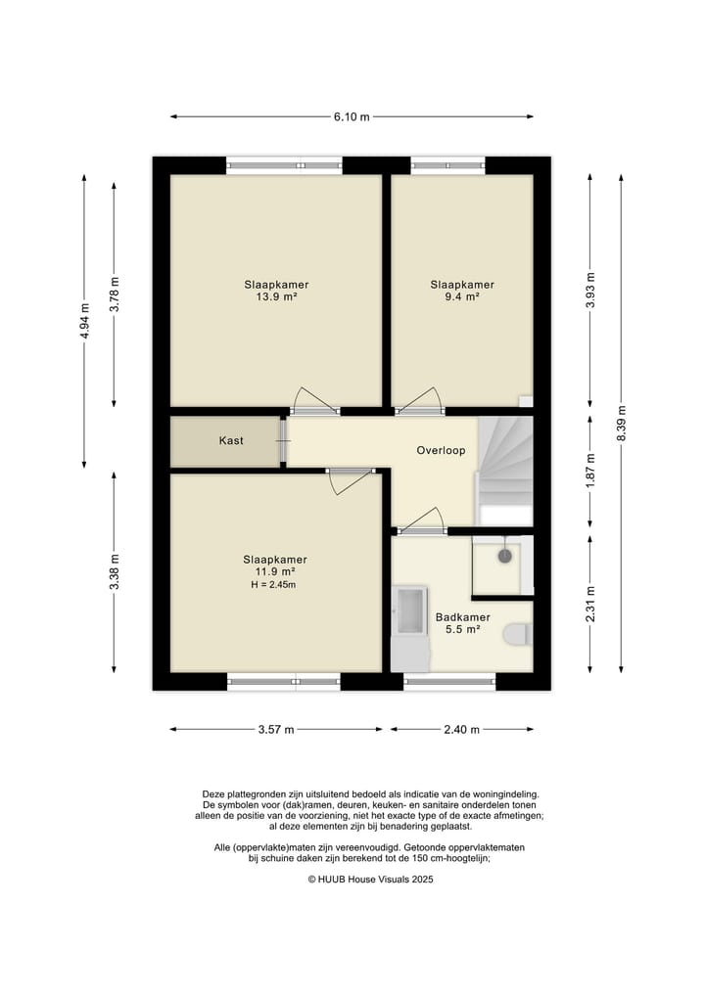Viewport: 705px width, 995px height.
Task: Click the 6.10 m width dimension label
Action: (x=352, y=116)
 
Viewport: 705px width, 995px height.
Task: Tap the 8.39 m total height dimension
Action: (x=622, y=424)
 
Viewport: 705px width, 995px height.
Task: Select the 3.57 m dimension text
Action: (x=276, y=730)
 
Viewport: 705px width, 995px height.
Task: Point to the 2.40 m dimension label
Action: (x=462, y=730)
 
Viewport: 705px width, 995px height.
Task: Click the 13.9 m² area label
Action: (x=277, y=296)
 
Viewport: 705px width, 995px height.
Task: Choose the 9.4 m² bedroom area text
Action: (x=462, y=296)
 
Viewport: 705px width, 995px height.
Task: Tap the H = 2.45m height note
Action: (x=274, y=585)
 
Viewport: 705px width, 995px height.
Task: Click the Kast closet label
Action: (x=231, y=440)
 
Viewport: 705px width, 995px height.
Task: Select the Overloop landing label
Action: (x=441, y=451)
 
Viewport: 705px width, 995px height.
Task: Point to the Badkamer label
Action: (x=463, y=617)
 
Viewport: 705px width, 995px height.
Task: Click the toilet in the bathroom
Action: (x=518, y=635)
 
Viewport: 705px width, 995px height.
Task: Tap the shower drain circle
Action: (x=505, y=556)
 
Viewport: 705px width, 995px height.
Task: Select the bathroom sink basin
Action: (x=409, y=611)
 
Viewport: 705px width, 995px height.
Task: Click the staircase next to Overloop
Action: (x=505, y=471)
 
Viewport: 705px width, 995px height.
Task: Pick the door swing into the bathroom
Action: (x=420, y=520)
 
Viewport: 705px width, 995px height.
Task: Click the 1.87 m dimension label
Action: (x=590, y=472)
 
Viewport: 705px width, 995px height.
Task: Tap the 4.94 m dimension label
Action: (x=84, y=321)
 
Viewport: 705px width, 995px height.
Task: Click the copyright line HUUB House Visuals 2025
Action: (x=371, y=880)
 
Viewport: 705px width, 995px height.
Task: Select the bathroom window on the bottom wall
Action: (x=449, y=682)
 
